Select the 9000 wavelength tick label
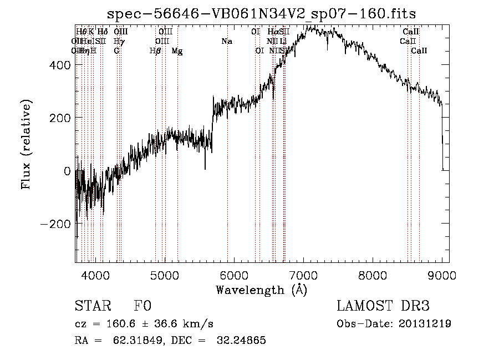point(442,275)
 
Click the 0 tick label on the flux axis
point(67,171)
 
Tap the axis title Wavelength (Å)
point(261,290)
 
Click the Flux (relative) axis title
point(27,144)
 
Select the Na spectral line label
point(227,42)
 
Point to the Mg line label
point(177,51)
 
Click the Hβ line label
point(155,51)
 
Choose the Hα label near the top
point(272,32)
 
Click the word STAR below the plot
point(92,307)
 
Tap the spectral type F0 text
point(143,307)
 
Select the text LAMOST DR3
point(383,307)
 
